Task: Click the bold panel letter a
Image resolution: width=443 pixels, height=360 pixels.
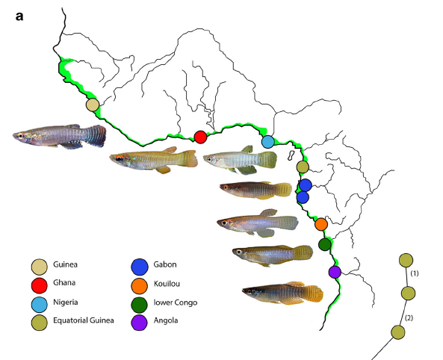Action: point(19,16)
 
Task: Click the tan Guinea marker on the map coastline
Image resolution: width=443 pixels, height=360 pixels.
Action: point(93,105)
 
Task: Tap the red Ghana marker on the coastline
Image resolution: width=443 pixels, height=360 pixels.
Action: point(201,137)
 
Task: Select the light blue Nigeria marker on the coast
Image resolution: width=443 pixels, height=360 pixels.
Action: point(268,142)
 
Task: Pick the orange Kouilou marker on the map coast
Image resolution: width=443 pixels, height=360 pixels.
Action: point(321,224)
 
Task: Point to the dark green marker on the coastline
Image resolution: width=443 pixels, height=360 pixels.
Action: point(325,244)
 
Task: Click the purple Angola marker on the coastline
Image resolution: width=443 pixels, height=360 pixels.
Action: point(335,272)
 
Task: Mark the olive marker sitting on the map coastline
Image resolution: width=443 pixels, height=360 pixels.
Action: point(303,167)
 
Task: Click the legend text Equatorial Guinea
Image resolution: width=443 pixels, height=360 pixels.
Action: point(84,320)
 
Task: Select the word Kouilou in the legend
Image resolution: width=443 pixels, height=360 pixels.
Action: point(167,283)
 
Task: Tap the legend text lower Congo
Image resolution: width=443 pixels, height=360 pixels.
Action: point(176,302)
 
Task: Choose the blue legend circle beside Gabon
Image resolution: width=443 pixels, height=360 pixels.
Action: point(140,267)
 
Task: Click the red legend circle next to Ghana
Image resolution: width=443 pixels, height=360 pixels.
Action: point(40,285)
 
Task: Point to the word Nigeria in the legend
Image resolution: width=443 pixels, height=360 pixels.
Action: point(66,302)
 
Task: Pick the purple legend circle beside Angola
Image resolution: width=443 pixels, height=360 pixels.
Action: point(139,323)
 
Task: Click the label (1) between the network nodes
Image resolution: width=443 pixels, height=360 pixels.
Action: point(415,273)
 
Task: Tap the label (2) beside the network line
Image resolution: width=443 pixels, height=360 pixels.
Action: point(409,318)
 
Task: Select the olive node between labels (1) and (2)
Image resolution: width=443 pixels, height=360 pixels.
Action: point(408,294)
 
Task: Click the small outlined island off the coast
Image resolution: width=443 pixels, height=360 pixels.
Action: point(291,155)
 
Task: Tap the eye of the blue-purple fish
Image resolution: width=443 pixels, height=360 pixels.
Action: point(21,136)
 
